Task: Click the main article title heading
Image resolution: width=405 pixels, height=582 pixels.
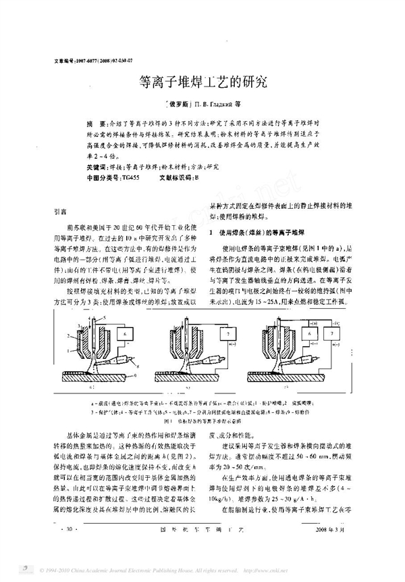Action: coord(202,82)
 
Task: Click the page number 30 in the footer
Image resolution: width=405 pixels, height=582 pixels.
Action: coord(65,545)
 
